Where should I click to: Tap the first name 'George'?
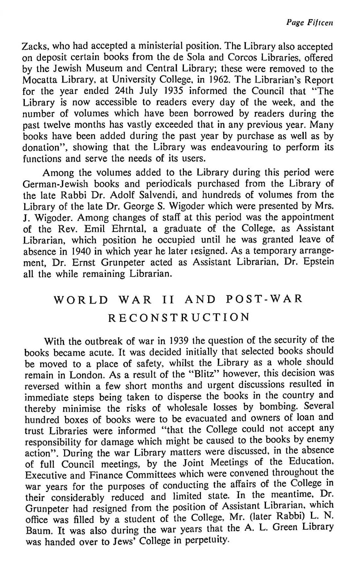[149, 206]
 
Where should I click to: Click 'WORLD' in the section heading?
[81, 299]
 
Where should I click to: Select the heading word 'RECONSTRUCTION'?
[179, 317]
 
